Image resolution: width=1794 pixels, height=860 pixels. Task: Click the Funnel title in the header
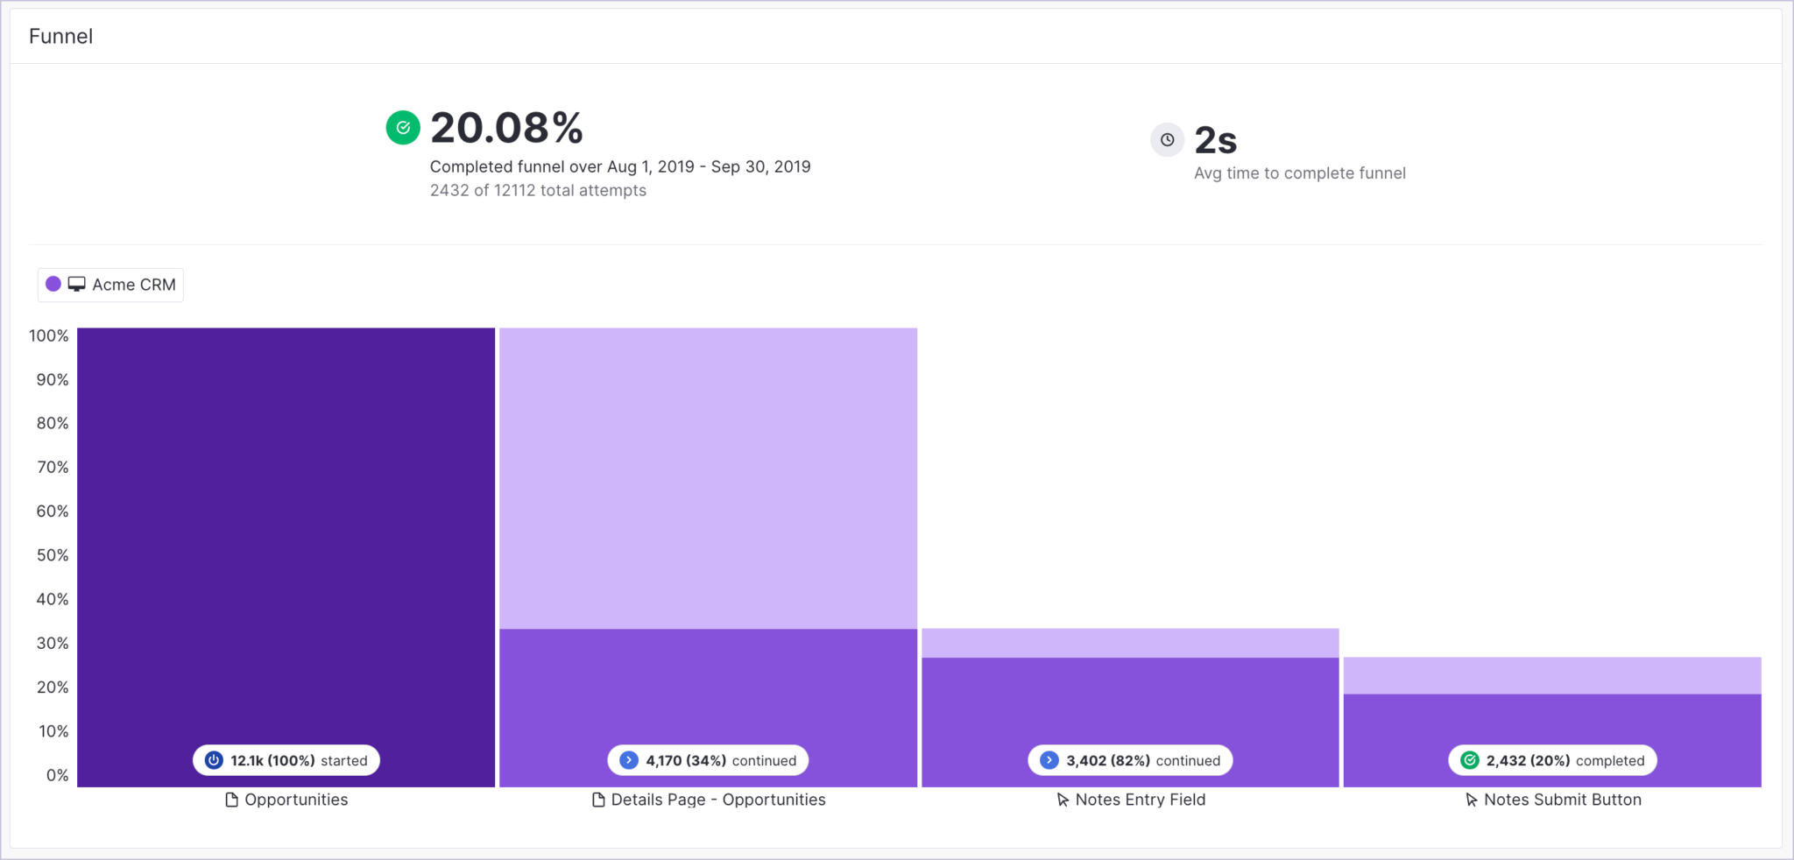click(x=60, y=36)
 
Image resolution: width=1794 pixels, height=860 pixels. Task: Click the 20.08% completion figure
click(x=506, y=128)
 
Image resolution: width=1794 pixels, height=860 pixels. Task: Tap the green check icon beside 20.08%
click(x=403, y=128)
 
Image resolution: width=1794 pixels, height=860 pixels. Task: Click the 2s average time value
click(x=1216, y=140)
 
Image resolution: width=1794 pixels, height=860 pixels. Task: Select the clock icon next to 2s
click(x=1167, y=140)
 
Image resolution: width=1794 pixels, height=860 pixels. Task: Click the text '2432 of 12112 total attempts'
click(x=538, y=190)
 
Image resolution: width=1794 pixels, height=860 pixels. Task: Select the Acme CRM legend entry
click(x=111, y=285)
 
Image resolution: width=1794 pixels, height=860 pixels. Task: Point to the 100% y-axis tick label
click(x=48, y=335)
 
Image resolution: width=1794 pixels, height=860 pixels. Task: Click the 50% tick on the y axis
click(x=52, y=555)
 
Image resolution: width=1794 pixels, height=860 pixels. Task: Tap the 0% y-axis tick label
click(x=57, y=775)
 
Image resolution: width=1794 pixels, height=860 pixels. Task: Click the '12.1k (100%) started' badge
click(x=286, y=760)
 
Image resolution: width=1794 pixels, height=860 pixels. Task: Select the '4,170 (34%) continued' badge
click(x=708, y=760)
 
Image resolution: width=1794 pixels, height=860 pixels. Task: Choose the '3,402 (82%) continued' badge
click(x=1130, y=760)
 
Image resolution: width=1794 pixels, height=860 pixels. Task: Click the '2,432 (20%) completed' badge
click(x=1552, y=760)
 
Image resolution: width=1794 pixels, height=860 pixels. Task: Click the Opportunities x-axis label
click(x=287, y=800)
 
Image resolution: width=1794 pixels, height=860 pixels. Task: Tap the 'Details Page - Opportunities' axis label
click(x=709, y=800)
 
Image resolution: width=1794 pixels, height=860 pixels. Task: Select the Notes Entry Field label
click(x=1131, y=800)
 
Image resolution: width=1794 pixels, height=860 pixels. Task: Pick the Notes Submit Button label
click(x=1553, y=800)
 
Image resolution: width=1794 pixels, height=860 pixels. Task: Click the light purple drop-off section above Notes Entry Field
click(x=1130, y=643)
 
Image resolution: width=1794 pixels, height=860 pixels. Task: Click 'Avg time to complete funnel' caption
click(x=1299, y=173)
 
